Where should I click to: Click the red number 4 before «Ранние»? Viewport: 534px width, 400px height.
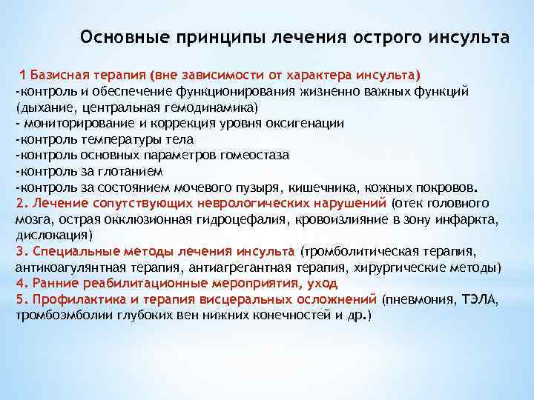20,283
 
